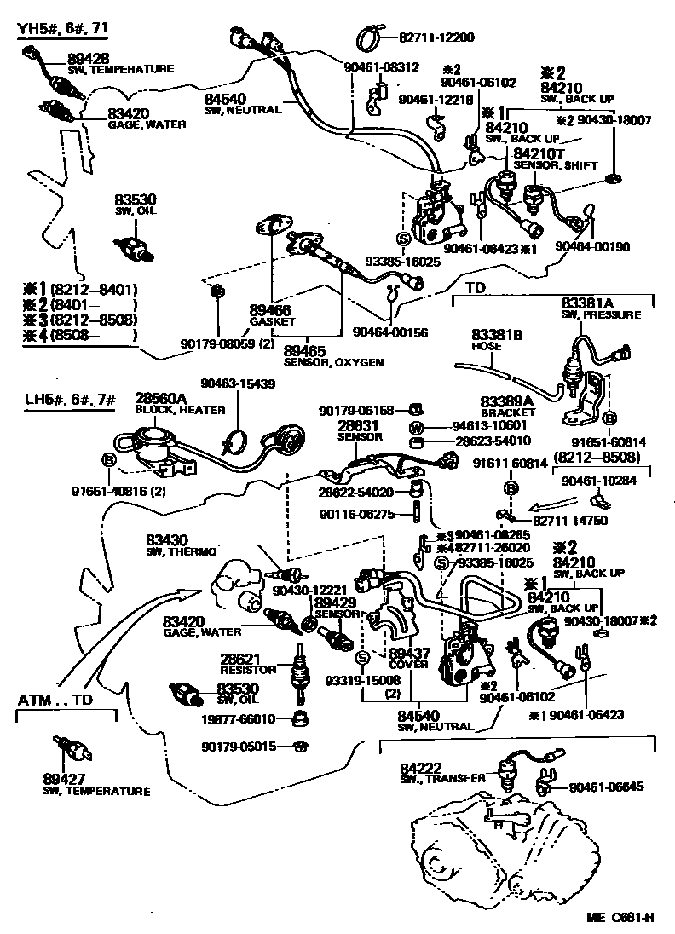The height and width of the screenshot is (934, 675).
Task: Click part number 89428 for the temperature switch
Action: click(x=82, y=58)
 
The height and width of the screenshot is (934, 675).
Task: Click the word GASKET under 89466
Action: click(x=271, y=322)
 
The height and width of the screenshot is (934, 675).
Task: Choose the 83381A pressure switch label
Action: click(x=587, y=303)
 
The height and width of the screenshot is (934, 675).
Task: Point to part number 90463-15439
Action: click(x=238, y=384)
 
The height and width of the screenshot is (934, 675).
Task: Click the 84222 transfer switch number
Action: click(x=418, y=768)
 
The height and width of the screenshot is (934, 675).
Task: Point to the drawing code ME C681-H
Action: click(x=620, y=918)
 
